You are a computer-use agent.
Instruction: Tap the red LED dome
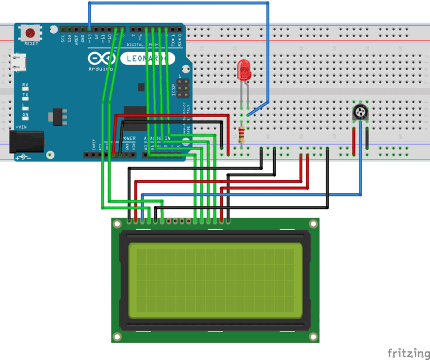[x=244, y=70]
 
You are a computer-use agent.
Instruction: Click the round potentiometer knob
[x=360, y=113]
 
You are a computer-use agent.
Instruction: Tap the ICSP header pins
[x=183, y=87]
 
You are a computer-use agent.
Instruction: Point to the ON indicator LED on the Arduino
[x=25, y=116]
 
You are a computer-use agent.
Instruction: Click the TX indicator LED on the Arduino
[x=25, y=96]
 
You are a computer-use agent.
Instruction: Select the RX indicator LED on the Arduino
[x=25, y=86]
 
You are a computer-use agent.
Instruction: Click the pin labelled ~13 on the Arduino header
[x=90, y=29]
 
